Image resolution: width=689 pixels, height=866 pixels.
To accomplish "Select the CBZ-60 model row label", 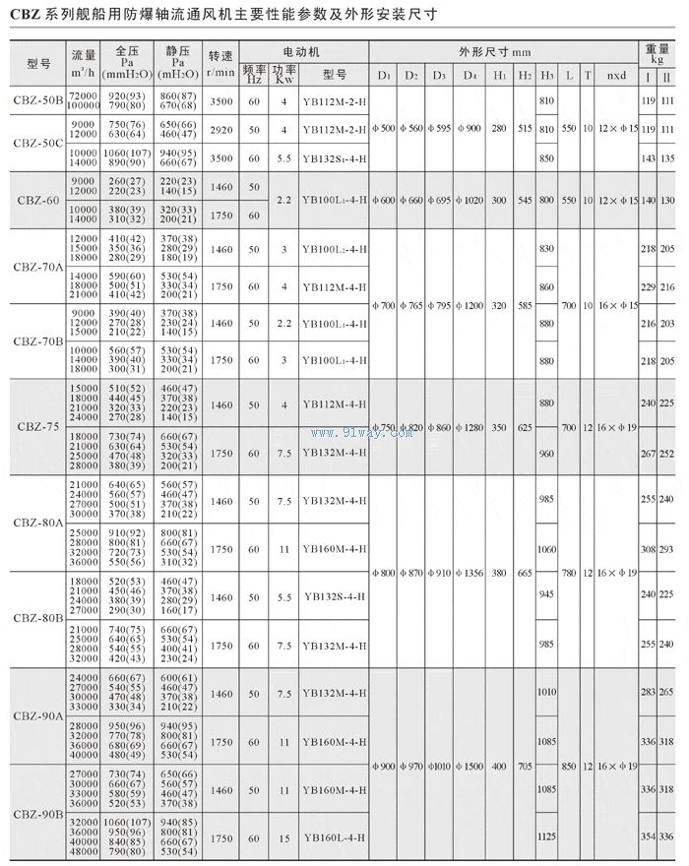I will click(x=34, y=200).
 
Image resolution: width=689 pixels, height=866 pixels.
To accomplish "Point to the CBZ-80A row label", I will click(x=38, y=523).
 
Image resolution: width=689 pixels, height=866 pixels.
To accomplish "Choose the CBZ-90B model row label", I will click(x=38, y=814).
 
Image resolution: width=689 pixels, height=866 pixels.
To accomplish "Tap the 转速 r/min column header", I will click(x=221, y=63).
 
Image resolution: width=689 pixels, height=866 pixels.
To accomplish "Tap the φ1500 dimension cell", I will click(x=470, y=766).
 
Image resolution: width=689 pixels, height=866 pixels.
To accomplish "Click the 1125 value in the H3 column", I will click(x=547, y=837).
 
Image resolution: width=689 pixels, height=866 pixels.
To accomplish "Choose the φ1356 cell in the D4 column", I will click(x=470, y=572).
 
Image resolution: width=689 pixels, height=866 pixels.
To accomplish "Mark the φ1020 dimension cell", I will click(x=470, y=200).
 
